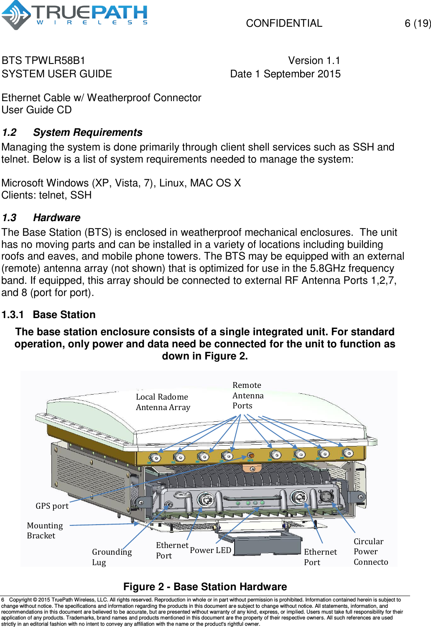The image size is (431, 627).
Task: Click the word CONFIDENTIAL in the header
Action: [284, 23]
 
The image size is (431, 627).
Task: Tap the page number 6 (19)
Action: [417, 23]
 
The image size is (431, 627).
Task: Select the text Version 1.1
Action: [314, 61]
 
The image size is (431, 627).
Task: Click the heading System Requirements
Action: [88, 133]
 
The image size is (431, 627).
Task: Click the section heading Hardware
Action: [57, 218]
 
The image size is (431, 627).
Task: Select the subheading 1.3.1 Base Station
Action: [48, 315]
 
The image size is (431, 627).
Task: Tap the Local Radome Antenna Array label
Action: [163, 402]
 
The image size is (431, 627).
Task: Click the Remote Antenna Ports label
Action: [247, 395]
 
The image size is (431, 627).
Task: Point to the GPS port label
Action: [52, 506]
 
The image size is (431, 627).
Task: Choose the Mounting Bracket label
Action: [45, 530]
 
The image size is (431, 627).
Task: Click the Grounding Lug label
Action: [111, 557]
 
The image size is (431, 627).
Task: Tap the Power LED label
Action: [210, 550]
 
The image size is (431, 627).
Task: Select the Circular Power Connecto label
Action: [370, 551]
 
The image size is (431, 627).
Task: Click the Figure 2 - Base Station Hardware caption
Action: [205, 586]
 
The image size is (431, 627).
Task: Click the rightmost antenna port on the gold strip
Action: [347, 453]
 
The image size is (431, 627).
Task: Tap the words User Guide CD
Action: [37, 110]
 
